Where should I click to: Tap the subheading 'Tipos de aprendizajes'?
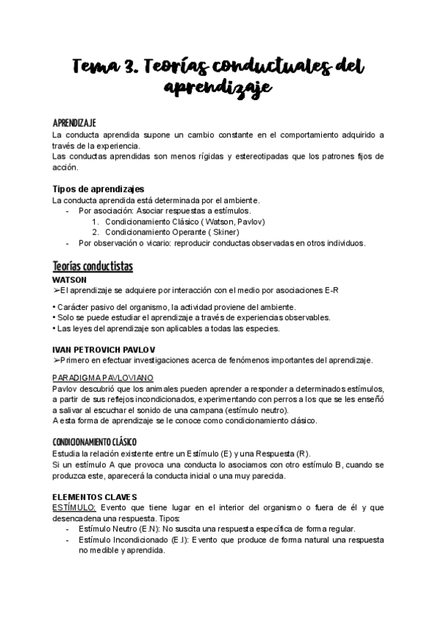tap(99, 189)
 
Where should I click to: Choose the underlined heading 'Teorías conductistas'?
tap(93, 265)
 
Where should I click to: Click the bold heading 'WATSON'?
tap(70, 279)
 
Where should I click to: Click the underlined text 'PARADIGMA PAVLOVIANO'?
tap(102, 377)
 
